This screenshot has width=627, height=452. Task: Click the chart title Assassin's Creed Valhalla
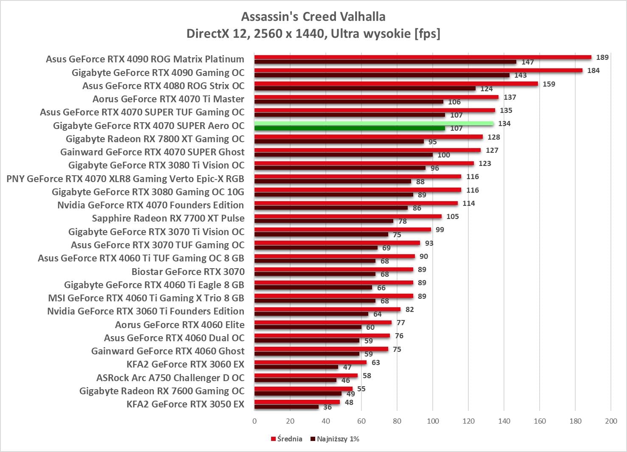(x=313, y=17)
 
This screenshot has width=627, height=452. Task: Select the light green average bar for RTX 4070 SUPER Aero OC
(x=374, y=124)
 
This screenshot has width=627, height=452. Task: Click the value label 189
(x=602, y=57)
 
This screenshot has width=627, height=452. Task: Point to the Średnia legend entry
(x=287, y=439)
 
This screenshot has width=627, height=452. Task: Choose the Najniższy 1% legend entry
(x=335, y=439)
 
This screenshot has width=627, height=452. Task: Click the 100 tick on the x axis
(x=433, y=421)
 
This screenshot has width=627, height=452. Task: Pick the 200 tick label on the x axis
(x=611, y=421)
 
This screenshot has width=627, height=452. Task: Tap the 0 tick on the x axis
(x=255, y=421)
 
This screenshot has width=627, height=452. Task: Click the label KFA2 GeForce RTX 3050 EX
(x=185, y=404)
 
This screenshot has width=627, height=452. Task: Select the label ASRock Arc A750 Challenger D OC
(x=171, y=378)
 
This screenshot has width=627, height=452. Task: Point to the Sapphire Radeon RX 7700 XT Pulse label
(x=168, y=218)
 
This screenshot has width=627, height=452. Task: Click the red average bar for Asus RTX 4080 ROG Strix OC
(x=396, y=84)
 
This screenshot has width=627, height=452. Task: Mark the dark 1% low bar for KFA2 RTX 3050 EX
(x=286, y=407)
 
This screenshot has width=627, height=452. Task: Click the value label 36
(x=327, y=407)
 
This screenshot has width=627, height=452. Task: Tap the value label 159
(x=549, y=84)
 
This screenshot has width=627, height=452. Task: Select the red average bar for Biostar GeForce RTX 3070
(x=333, y=270)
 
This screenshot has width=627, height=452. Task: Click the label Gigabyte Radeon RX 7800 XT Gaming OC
(x=155, y=139)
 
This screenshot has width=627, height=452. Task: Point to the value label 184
(x=593, y=70)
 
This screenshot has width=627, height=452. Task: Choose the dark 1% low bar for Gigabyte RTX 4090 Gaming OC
(x=382, y=75)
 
